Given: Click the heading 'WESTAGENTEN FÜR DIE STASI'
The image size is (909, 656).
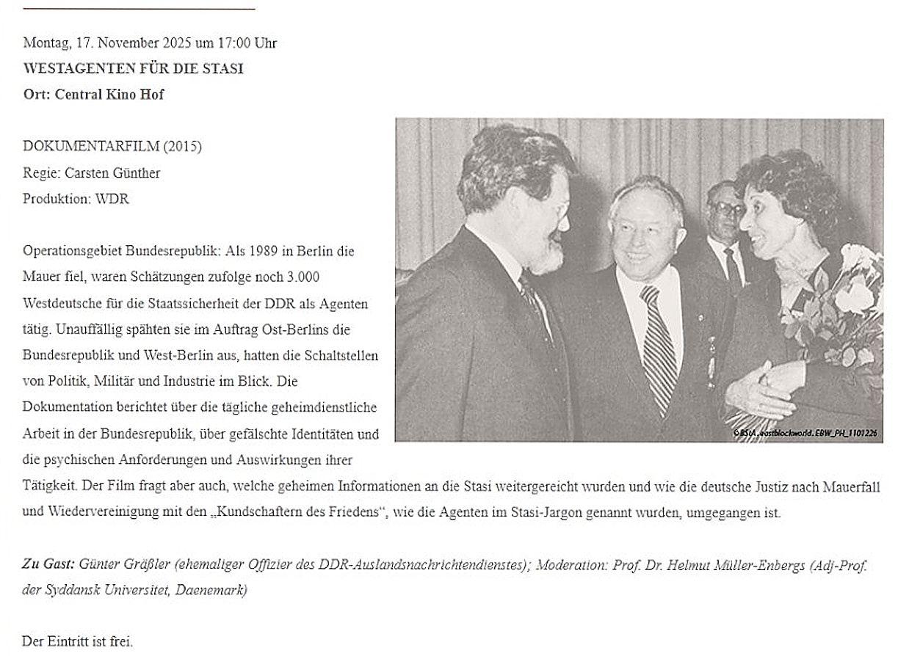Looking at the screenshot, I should point(133,69).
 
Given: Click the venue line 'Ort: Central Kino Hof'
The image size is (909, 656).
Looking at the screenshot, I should point(93,95).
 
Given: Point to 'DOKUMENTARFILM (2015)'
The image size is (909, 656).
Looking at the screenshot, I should point(112,147).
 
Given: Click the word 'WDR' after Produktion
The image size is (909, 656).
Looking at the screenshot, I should point(112,199).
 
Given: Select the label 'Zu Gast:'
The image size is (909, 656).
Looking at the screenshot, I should point(48,565).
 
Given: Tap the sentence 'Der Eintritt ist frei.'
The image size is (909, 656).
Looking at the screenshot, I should point(78,641).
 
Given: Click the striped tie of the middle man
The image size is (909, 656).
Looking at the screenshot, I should point(658,345).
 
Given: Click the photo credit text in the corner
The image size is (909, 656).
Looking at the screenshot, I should point(805,433).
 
